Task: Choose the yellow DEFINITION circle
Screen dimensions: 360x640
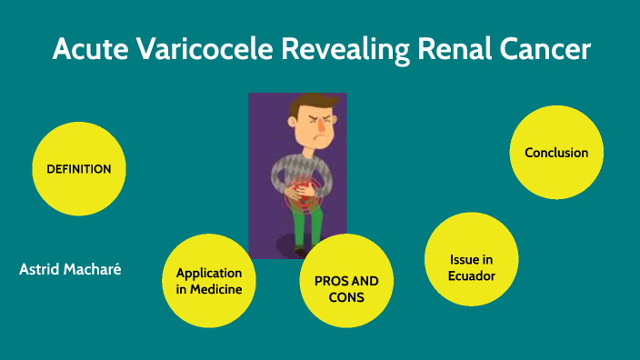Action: point(78,169)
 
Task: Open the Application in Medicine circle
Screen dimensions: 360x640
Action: point(209,281)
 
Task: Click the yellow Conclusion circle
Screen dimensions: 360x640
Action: point(556,153)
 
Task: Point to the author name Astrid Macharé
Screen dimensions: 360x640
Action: point(70,269)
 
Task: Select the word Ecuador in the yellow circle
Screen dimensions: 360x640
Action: point(472,275)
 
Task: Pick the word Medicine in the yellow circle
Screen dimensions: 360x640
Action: point(209,289)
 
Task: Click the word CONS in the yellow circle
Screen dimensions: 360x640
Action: point(346,297)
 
